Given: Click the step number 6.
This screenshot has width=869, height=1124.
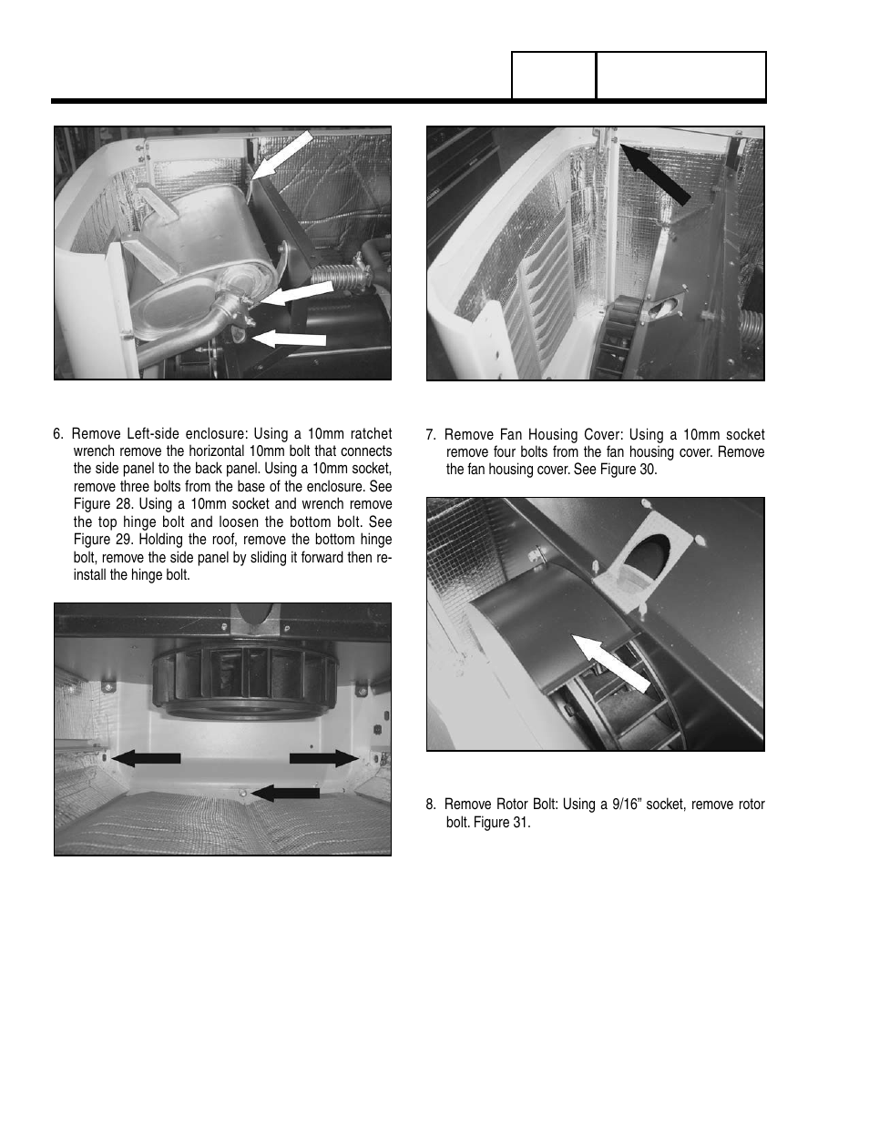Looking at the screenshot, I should click(x=58, y=434).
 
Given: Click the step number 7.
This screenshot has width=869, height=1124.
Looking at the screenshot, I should click(x=431, y=435).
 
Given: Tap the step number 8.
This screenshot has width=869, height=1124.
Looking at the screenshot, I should click(x=431, y=805).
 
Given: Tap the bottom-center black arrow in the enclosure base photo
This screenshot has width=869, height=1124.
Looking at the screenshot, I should click(x=286, y=794).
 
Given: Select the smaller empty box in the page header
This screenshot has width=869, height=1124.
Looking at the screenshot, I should click(x=554, y=76).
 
